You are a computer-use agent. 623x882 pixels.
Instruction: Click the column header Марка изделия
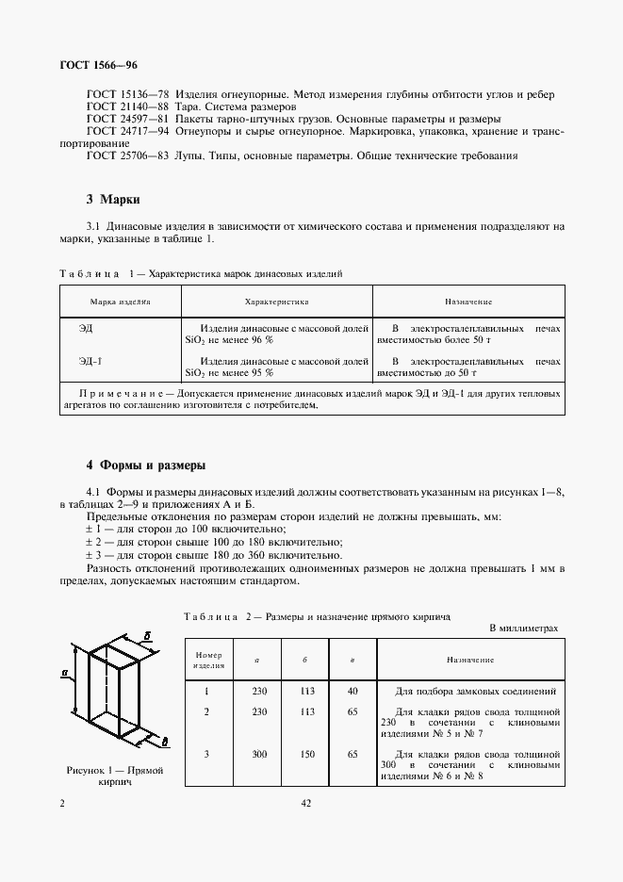(120, 302)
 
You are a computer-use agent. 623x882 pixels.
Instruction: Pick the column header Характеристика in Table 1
(276, 302)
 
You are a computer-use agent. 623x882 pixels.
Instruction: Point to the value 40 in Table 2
(352, 691)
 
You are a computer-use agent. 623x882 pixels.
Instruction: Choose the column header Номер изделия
(208, 660)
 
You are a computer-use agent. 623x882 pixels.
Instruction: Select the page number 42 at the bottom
(306, 803)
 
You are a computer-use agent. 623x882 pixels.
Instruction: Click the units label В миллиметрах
(523, 627)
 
